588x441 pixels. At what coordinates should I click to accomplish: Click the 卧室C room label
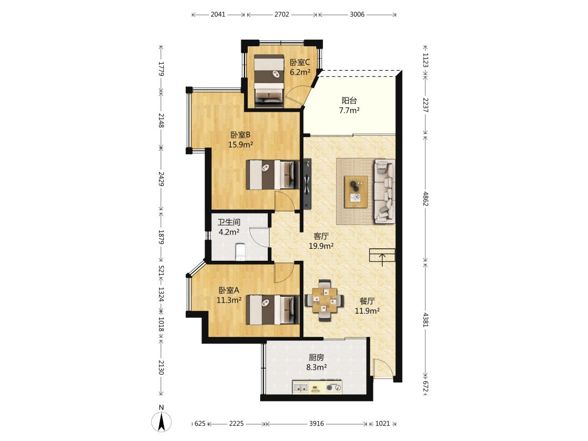[x=299, y=62]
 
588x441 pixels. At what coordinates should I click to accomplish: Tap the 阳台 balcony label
[x=349, y=101]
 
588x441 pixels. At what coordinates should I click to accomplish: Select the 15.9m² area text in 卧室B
[x=241, y=144]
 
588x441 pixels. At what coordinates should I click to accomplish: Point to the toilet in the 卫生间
[x=240, y=252]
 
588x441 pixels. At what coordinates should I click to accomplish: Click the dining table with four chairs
[x=324, y=300]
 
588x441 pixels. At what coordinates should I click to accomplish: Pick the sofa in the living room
[x=384, y=191]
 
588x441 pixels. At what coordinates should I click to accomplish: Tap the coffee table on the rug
[x=356, y=192]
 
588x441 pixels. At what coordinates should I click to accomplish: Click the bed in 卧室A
[x=273, y=310]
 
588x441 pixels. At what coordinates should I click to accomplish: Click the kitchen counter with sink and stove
[x=317, y=388]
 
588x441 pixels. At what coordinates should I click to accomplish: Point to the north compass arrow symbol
[x=162, y=421]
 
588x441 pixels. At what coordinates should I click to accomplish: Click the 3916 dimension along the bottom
[x=316, y=424]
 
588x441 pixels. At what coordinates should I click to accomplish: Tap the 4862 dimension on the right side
[x=426, y=198]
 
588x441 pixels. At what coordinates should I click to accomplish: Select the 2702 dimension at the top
[x=281, y=14]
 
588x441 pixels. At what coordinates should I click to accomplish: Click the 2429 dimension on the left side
[x=161, y=179]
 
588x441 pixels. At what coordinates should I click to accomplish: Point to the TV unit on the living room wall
[x=308, y=184]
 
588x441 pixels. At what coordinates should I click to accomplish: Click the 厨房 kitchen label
[x=316, y=358]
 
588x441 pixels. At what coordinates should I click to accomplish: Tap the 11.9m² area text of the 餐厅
[x=367, y=310]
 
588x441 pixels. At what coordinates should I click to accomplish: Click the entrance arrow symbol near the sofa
[x=382, y=257]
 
